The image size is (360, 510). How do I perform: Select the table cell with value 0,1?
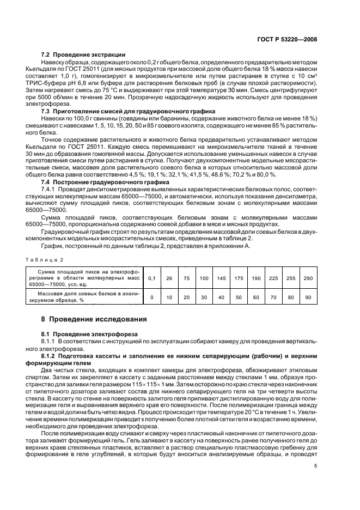click(x=151, y=278)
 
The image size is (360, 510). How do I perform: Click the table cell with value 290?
click(x=308, y=278)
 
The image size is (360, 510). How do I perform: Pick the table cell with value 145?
click(x=221, y=278)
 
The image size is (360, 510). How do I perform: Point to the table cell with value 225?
click(x=273, y=278)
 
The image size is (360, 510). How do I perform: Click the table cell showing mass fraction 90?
click(x=308, y=298)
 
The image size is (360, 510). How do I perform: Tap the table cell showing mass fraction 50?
click(x=239, y=298)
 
